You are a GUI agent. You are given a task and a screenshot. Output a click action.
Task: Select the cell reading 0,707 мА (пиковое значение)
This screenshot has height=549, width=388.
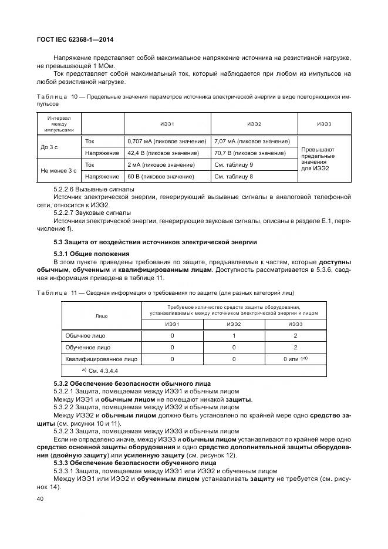click(x=167, y=142)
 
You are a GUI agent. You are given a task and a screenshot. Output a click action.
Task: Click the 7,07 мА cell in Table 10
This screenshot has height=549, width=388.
click(x=252, y=142)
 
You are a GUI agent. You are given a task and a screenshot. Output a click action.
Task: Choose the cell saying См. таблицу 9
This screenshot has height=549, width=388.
click(x=234, y=165)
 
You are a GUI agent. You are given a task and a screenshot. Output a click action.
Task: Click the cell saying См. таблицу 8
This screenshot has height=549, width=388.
click(x=234, y=176)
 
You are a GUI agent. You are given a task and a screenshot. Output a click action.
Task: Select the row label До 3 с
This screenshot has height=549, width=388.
click(x=50, y=147)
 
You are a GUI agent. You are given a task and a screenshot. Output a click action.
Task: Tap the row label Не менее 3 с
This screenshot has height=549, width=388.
click(x=59, y=171)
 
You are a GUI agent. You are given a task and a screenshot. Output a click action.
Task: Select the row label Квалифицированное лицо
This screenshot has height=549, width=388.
click(x=101, y=358)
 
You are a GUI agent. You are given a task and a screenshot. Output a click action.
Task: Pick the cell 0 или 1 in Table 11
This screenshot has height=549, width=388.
click(x=295, y=358)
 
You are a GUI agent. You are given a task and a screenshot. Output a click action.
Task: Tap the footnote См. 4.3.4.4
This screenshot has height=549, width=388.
click(x=99, y=372)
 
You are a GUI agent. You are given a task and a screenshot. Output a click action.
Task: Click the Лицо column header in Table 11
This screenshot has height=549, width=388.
click(x=101, y=316)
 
